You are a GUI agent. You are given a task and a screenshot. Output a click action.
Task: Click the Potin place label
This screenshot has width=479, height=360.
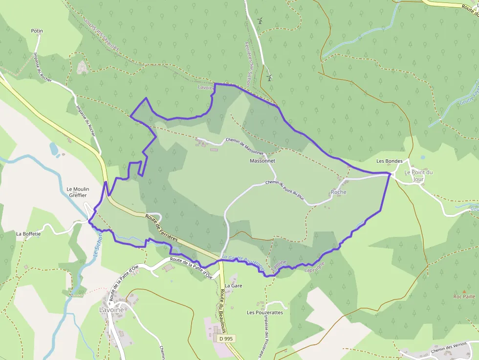[37, 31]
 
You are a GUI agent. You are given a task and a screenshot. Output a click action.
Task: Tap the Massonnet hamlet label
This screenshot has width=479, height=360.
[262, 161]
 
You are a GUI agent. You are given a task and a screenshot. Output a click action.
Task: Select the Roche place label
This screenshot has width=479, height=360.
[338, 192]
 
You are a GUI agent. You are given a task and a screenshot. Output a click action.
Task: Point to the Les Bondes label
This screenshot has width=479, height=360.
[389, 161]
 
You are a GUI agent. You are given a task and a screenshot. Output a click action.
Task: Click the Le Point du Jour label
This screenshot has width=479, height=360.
[418, 176]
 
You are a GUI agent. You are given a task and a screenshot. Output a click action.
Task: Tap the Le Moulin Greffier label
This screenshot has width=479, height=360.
[77, 192]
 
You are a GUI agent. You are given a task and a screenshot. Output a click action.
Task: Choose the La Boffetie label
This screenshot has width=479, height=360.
[27, 234]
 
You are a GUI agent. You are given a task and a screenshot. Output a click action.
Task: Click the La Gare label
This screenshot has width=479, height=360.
[234, 286]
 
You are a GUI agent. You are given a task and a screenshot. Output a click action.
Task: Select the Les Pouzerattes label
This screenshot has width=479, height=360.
[265, 313]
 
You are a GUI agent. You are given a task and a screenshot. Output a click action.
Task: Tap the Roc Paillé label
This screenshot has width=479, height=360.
[464, 296]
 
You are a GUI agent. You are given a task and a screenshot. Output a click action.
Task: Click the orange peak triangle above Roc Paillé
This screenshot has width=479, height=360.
[464, 291]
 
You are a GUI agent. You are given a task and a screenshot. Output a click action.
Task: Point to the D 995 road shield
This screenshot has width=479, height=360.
[226, 339]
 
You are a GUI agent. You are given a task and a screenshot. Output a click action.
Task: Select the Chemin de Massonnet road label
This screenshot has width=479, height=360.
[244, 145]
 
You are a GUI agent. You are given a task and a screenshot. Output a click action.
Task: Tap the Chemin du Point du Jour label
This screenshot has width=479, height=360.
[285, 190]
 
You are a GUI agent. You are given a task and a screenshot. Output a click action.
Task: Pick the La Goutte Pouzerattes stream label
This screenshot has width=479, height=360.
[243, 262]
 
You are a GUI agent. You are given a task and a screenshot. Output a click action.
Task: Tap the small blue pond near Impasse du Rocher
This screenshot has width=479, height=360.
[54, 148]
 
